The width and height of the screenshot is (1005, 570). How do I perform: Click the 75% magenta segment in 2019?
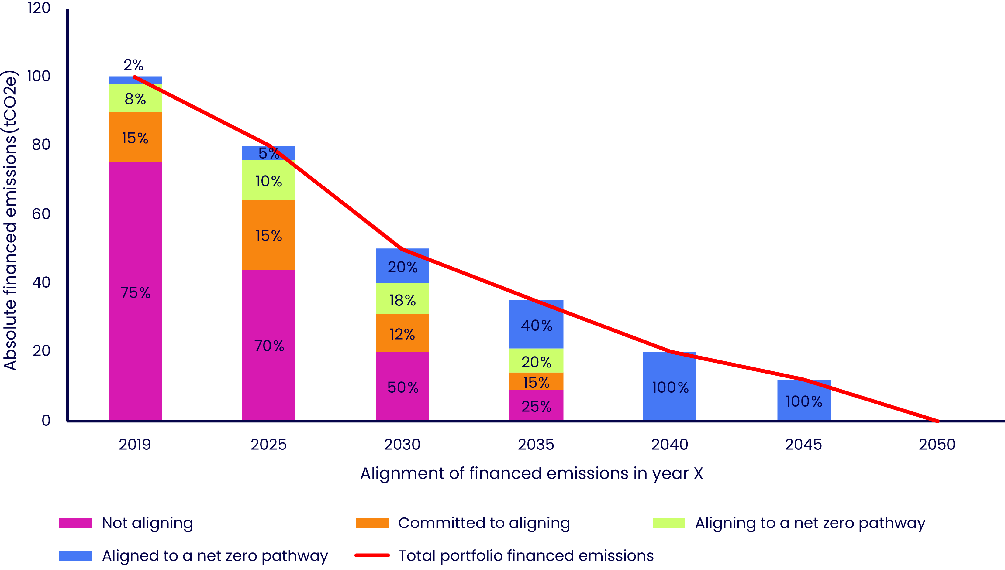[135, 292]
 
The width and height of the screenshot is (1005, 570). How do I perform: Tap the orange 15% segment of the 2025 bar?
[268, 235]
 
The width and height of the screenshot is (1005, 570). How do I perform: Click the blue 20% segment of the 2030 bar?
[402, 266]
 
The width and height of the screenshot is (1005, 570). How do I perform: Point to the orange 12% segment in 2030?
[402, 333]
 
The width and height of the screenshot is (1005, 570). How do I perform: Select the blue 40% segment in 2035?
[536, 325]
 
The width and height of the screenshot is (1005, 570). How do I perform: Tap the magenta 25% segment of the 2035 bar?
[536, 406]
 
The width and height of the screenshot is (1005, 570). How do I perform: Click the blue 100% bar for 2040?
[670, 387]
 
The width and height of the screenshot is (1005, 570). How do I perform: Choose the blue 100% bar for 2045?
[804, 401]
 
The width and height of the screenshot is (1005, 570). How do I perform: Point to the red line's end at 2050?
[937, 421]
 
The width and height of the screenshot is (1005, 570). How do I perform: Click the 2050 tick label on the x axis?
[937, 444]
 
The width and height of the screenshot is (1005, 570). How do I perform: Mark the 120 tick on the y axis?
[39, 8]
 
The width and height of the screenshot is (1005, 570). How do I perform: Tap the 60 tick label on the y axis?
[41, 214]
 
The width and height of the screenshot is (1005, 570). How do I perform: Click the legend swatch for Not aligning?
[76, 523]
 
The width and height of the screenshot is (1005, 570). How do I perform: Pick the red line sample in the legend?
[372, 555]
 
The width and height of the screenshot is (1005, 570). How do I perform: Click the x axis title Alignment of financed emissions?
[531, 473]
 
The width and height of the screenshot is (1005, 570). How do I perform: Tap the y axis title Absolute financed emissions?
[10, 220]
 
